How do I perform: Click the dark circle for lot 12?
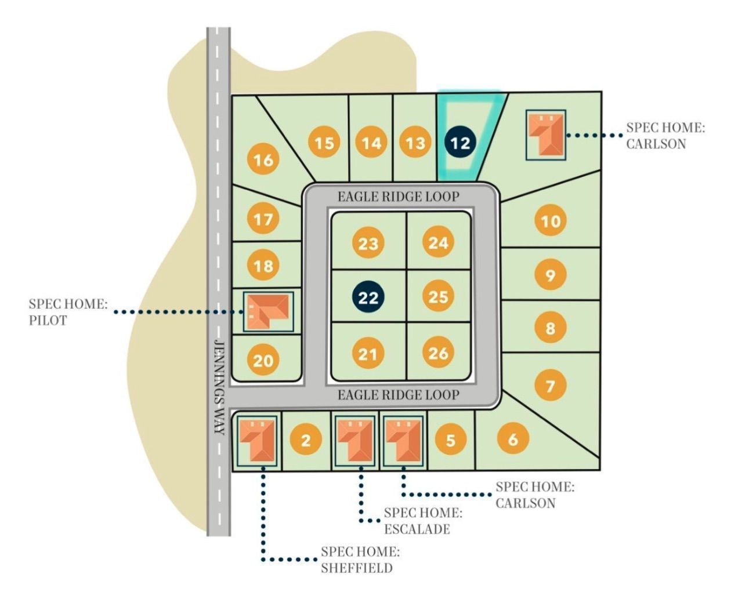tap(460, 142)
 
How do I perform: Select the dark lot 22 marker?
tap(368, 297)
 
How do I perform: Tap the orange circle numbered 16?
tap(263, 159)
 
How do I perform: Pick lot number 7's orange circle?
tap(550, 385)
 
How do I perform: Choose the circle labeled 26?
tap(438, 353)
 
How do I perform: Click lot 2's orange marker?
tap(305, 440)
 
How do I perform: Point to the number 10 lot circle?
tap(550, 220)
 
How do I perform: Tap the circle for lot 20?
tap(263, 361)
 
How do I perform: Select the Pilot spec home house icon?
tap(267, 311)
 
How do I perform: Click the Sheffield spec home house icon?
tap(256, 440)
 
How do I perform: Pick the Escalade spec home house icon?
tap(355, 440)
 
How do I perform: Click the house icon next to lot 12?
tap(546, 135)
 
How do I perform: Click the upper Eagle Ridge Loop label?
tap(398, 197)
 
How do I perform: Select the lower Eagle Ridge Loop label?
tap(398, 395)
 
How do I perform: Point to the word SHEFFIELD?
tap(356, 568)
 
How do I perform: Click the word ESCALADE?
tap(417, 529)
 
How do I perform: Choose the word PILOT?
tap(48, 320)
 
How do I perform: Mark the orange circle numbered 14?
tap(371, 143)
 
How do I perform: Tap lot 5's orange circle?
tap(450, 440)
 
